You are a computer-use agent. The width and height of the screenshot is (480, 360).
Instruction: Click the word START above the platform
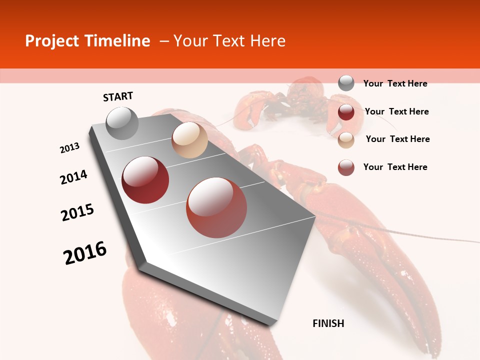[118, 96]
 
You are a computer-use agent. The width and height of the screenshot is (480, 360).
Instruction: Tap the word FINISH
[328, 323]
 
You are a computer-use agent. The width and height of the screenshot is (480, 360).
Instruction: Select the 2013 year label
[70, 147]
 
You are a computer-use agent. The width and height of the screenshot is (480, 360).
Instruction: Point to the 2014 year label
[73, 177]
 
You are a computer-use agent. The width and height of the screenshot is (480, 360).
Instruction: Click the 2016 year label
[85, 252]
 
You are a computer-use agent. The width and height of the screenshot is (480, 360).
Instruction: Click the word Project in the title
[51, 41]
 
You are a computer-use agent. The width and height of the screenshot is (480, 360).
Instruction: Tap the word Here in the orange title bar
[267, 41]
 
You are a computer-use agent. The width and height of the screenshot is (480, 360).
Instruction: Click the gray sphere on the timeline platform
[122, 123]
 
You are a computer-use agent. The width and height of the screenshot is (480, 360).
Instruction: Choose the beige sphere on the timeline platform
[189, 140]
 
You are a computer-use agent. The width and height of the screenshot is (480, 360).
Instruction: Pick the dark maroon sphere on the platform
[145, 179]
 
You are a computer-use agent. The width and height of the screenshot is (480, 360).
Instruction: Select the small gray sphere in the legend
[346, 83]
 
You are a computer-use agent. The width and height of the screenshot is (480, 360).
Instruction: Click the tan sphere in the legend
[346, 140]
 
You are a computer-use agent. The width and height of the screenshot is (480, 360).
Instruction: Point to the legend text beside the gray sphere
[395, 83]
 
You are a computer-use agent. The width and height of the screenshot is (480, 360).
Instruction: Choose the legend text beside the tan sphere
[397, 139]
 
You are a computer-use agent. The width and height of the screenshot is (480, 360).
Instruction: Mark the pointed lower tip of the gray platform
[270, 324]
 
